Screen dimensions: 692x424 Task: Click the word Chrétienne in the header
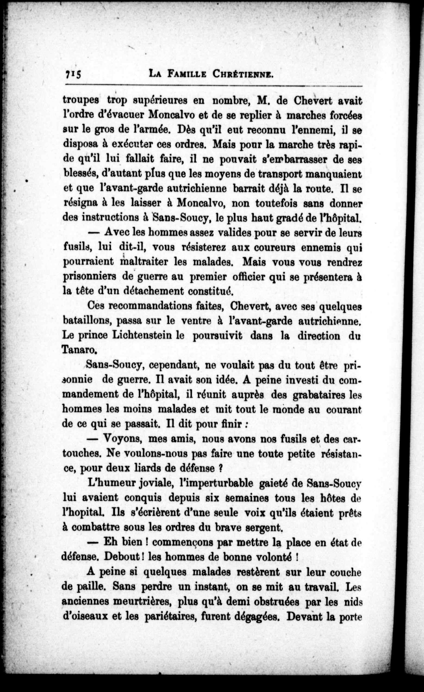click(243, 74)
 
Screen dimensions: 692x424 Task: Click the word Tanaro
click(79, 349)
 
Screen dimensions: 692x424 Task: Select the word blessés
click(80, 173)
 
